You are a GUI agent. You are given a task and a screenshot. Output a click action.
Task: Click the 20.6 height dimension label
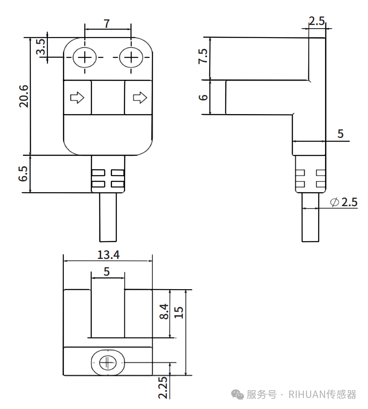point(24,97)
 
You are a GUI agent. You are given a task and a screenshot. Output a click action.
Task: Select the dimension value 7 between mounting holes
point(107,24)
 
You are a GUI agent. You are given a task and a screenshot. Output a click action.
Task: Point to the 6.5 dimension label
point(24,174)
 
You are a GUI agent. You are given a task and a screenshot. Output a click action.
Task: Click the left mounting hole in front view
point(85,58)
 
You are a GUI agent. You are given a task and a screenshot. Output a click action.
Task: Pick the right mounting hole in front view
point(131,58)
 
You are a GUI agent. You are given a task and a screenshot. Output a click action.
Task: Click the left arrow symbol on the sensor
point(77,98)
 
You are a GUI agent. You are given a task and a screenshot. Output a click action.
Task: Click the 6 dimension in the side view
point(203,97)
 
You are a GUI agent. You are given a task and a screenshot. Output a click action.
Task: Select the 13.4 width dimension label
point(108,255)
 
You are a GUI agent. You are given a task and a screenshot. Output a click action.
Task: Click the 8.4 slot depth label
point(164,312)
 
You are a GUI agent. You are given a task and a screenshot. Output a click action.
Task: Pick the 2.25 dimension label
point(163,387)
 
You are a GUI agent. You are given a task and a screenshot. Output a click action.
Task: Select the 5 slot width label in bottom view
point(107,272)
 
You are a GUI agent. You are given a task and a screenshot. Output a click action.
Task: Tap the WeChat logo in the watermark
point(238,394)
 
